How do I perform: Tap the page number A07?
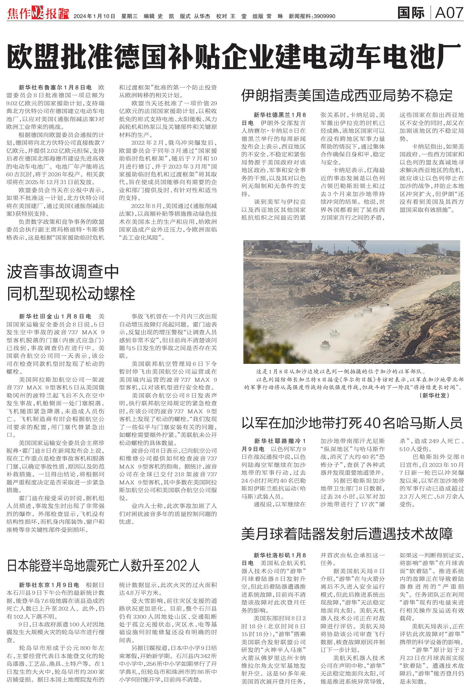(449, 13)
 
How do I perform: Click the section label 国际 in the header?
(411, 13)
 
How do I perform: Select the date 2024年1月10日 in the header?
(94, 16)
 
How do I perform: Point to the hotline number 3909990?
(324, 16)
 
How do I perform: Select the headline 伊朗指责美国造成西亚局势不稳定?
(347, 96)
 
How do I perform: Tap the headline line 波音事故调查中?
(63, 272)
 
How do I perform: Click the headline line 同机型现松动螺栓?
(71, 293)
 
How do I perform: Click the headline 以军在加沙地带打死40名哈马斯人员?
(352, 423)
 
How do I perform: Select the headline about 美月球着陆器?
(347, 534)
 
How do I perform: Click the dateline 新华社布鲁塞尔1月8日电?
(55, 87)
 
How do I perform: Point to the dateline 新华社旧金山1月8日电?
(55, 316)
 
